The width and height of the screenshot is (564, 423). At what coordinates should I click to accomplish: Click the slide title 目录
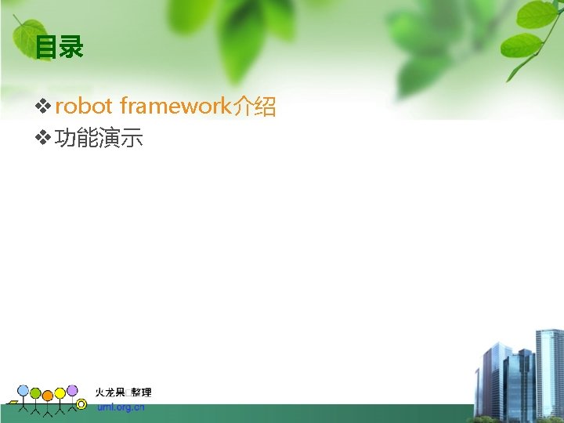coord(59,49)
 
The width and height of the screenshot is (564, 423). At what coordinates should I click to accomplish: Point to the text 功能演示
coord(99,139)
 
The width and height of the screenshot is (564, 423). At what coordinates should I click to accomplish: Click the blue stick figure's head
coord(23,390)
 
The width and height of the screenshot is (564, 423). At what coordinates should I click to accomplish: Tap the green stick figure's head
coord(35,392)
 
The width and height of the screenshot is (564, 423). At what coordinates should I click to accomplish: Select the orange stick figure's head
coord(48,395)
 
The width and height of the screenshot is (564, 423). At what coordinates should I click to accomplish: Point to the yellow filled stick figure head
coord(60,392)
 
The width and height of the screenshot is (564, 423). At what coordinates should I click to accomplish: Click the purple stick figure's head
coord(72,390)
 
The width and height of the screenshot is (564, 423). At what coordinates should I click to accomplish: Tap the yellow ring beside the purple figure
coord(81,404)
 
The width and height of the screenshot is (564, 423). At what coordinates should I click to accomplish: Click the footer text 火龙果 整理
coord(123,392)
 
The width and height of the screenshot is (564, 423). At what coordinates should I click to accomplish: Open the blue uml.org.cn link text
coord(121,407)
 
